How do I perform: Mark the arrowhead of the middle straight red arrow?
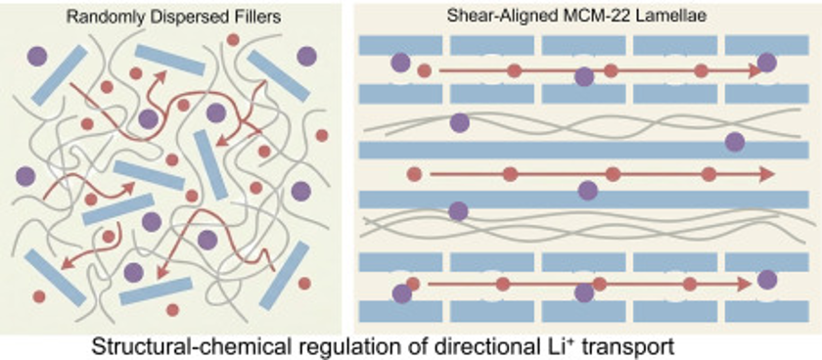(x=767, y=174)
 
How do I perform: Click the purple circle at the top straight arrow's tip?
(x=766, y=63)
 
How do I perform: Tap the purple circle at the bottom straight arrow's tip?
(x=767, y=280)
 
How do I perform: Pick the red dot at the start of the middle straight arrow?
(x=414, y=174)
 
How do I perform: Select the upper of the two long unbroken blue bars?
(x=583, y=150)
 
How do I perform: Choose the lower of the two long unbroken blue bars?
(x=583, y=200)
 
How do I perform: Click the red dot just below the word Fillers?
(x=233, y=39)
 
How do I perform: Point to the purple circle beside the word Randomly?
(x=37, y=56)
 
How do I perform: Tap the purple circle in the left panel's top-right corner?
(x=306, y=56)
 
